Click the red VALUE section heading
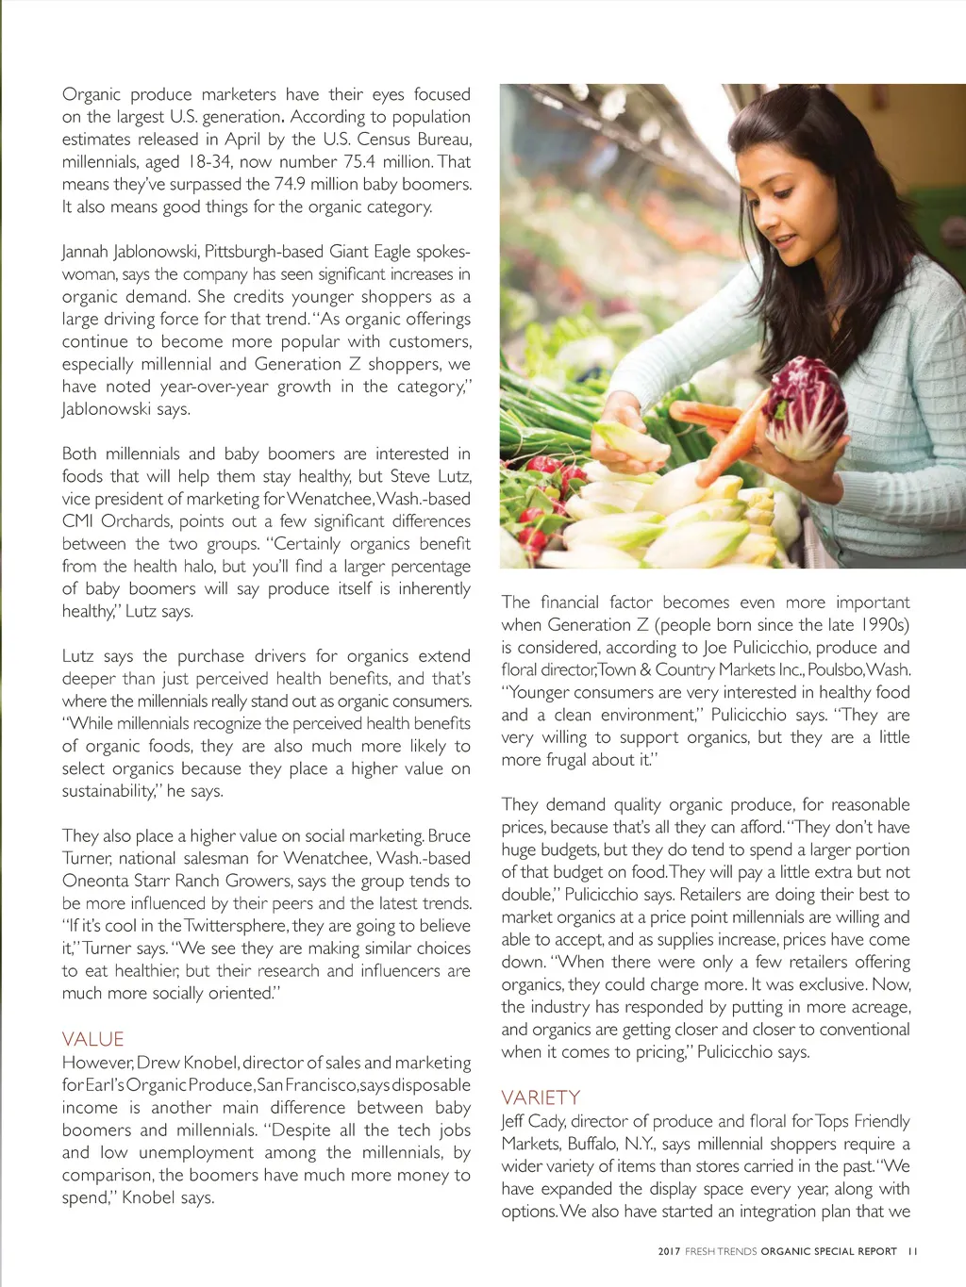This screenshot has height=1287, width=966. pyautogui.click(x=92, y=1039)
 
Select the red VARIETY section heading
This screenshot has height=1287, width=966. pyautogui.click(x=541, y=1097)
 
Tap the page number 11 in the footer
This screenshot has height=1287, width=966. pyautogui.click(x=912, y=1251)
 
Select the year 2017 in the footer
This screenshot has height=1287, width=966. pyautogui.click(x=669, y=1251)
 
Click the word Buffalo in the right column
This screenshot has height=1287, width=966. pyautogui.click(x=591, y=1144)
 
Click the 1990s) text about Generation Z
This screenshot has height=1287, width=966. pyautogui.click(x=883, y=624)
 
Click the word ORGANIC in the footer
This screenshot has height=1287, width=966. pyautogui.click(x=787, y=1251)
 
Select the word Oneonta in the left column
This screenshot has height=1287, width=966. pyautogui.click(x=101, y=881)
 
